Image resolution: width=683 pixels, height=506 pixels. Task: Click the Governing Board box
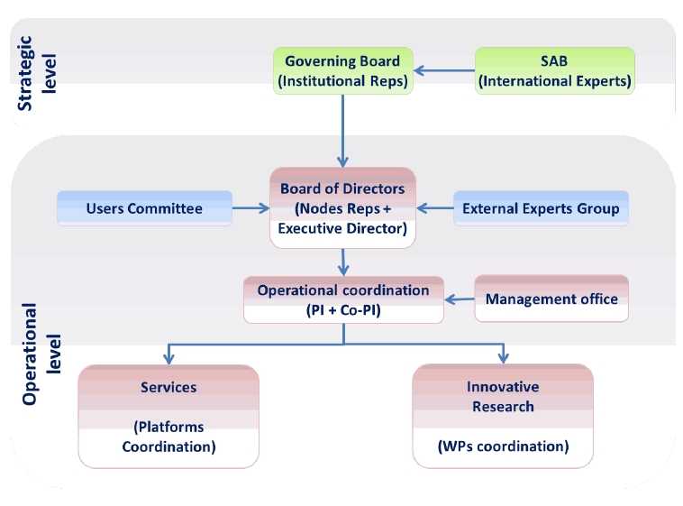[342, 71]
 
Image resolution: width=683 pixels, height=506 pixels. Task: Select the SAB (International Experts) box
[554, 71]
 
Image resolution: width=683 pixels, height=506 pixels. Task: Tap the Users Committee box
[144, 208]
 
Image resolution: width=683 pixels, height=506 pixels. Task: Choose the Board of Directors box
[342, 207]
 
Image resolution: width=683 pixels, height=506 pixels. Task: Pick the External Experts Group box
[541, 208]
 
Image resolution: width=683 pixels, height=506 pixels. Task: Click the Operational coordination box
[343, 299]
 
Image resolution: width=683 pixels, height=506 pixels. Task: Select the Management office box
[551, 299]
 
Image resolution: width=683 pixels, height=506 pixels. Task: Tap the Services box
[168, 416]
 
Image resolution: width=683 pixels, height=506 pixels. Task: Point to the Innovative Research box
[503, 416]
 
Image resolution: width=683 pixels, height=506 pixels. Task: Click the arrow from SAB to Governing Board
[444, 69]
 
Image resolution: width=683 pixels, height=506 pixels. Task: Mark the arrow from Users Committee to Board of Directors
[250, 208]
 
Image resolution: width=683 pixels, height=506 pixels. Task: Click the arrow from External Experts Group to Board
[435, 208]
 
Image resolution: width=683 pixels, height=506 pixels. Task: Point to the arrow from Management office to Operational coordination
[460, 299]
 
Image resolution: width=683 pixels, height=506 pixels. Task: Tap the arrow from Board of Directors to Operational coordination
[344, 262]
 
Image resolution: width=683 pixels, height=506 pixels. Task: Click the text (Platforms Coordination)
[168, 437]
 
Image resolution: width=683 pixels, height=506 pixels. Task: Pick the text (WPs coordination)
[503, 446]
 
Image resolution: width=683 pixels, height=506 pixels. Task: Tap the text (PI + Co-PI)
[343, 309]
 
